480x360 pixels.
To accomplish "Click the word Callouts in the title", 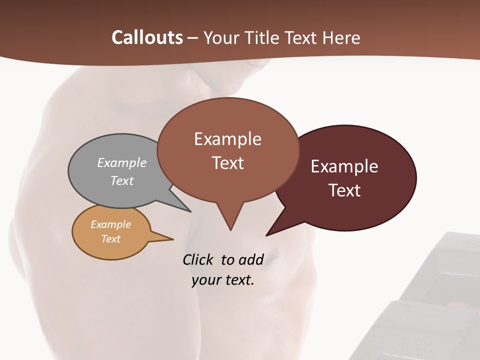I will click(x=147, y=37).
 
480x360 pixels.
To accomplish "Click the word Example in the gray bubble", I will click(x=122, y=162).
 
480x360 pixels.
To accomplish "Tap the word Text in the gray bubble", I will click(x=122, y=180).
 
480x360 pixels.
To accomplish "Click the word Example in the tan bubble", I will click(x=110, y=224).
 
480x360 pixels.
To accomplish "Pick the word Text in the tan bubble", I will click(x=111, y=239).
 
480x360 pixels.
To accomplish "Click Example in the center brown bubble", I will click(x=227, y=139).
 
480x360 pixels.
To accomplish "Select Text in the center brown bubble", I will click(x=228, y=163).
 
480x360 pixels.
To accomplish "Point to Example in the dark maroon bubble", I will click(x=344, y=166).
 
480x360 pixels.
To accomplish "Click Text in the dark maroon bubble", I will click(x=344, y=190).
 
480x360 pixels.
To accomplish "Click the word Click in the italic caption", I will click(x=198, y=260).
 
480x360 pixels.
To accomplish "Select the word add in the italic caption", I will click(x=250, y=260).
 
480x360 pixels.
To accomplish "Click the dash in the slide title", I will click(x=192, y=37).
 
